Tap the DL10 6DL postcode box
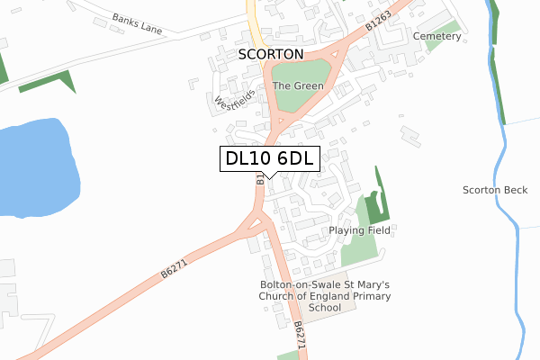tap(269, 158)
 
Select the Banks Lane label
tap(137, 23)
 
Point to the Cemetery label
tap(436, 36)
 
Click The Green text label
tap(298, 86)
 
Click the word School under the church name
tap(325, 308)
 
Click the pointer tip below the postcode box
tap(269, 177)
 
